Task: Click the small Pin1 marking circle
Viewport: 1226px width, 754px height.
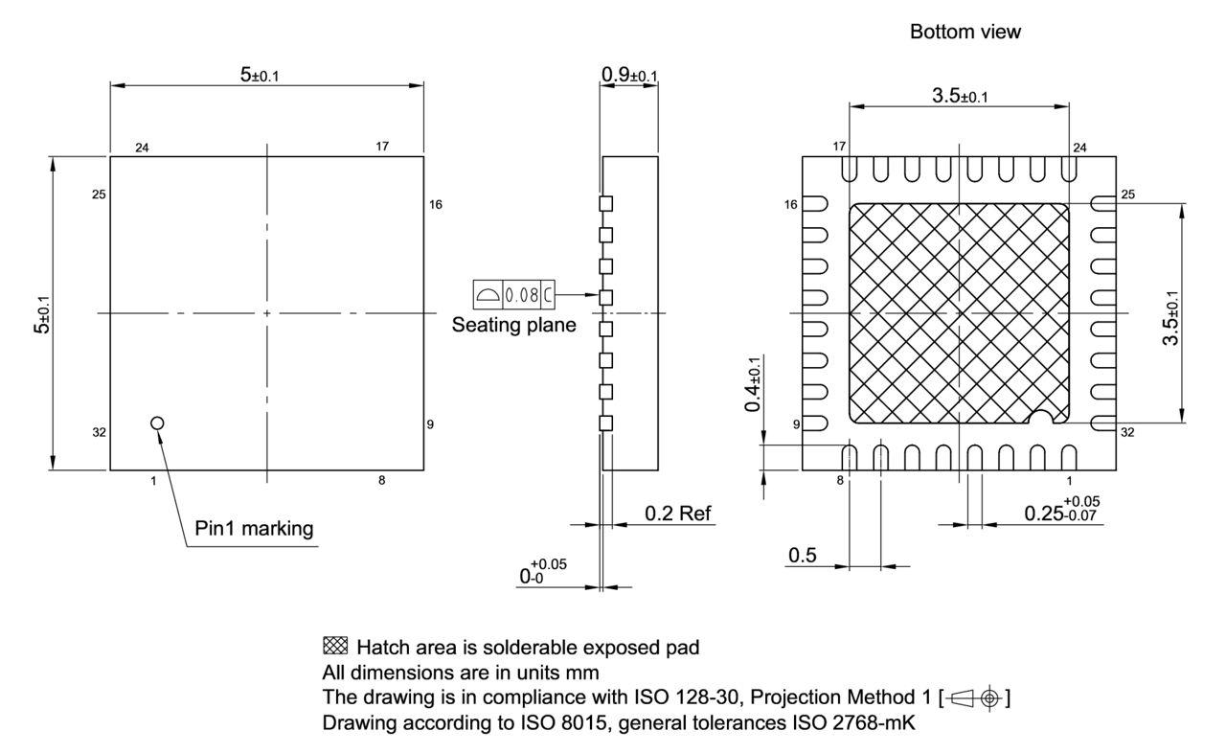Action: point(158,423)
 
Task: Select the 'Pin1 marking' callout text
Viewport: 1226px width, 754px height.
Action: point(254,528)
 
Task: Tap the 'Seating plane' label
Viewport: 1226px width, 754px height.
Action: point(514,325)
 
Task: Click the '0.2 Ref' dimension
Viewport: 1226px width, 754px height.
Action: point(678,514)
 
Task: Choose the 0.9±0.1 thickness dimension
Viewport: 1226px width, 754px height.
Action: point(629,74)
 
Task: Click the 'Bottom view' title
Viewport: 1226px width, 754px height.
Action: point(965,32)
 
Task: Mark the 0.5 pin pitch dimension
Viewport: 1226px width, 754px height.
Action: point(802,556)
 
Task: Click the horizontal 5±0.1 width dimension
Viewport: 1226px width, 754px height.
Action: point(260,75)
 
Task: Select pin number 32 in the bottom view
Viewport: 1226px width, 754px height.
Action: point(1127,432)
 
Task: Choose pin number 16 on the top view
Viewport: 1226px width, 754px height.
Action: point(436,204)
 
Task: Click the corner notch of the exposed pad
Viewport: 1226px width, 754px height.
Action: point(1041,418)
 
